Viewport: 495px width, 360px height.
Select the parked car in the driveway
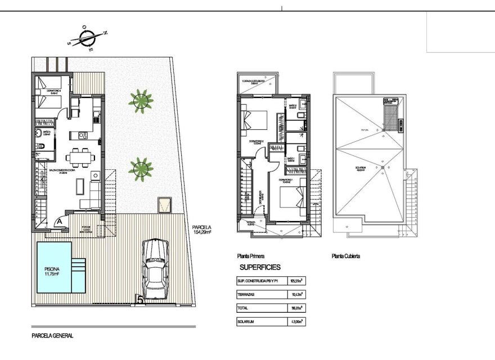(x=155, y=268)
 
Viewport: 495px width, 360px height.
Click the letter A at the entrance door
(x=58, y=222)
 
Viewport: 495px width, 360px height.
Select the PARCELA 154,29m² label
(x=201, y=228)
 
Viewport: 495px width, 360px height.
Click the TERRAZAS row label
(x=249, y=294)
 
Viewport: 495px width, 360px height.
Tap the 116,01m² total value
(x=296, y=308)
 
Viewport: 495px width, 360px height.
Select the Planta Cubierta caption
(x=346, y=255)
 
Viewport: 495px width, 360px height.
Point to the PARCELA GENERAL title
(x=52, y=336)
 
